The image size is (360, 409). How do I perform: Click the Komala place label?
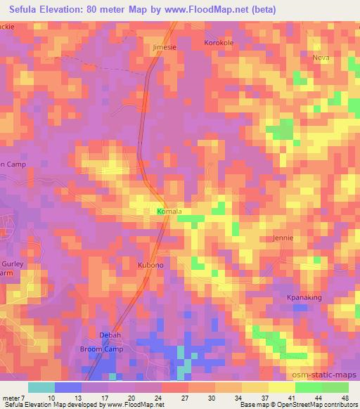(x=169, y=211)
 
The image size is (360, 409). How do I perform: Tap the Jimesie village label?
(x=166, y=47)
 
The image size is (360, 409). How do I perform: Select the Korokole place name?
(x=218, y=43)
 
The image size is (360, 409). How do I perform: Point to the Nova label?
(x=321, y=58)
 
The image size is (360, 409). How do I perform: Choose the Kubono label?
(x=150, y=265)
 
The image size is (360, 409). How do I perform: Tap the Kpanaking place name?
(x=304, y=297)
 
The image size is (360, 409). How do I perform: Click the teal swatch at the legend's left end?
(x=41, y=387)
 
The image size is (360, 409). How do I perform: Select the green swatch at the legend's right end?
(x=335, y=387)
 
